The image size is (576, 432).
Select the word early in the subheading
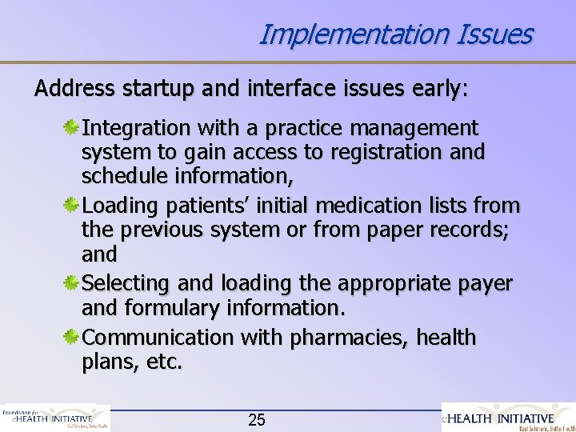435,88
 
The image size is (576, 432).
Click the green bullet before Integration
71,128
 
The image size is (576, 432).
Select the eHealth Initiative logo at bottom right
509,417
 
